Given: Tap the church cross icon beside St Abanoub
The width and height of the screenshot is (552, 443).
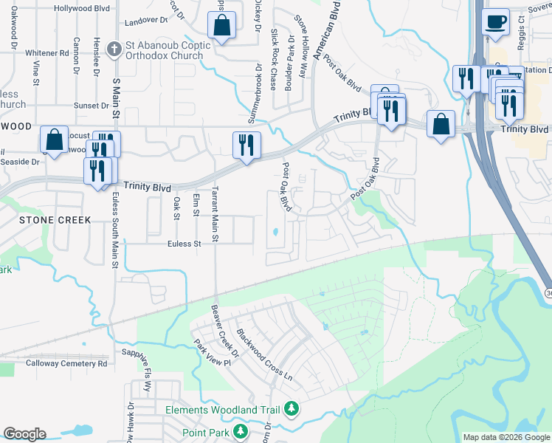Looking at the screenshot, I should [114, 50].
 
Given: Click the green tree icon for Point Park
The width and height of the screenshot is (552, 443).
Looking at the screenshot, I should [239, 430].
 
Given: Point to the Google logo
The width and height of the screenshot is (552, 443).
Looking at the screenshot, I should [24, 434].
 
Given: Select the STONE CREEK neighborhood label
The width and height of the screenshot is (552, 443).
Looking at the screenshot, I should [55, 220].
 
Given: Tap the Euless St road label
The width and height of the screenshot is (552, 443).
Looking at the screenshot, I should [184, 244].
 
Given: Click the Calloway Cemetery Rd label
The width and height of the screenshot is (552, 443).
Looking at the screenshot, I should [66, 363].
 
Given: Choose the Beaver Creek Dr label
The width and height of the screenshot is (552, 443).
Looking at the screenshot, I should [225, 332].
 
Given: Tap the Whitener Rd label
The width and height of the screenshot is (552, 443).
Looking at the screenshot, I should [46, 54].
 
